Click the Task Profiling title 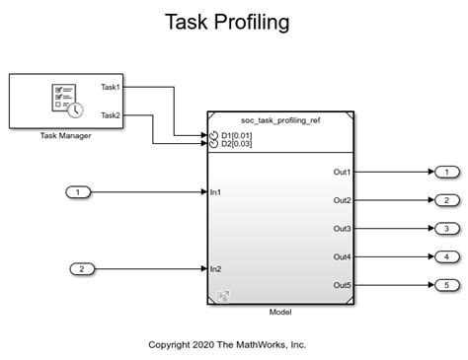click(x=234, y=22)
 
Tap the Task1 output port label click(x=111, y=87)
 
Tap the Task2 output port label click(x=111, y=115)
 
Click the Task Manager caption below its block click(x=66, y=135)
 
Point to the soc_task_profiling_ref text click(x=280, y=119)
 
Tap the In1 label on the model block click(x=215, y=191)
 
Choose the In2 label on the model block click(x=215, y=268)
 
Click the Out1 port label click(x=342, y=172)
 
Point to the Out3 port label click(x=342, y=229)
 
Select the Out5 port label click(x=342, y=286)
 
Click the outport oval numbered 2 click(x=445, y=200)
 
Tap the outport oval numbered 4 click(x=445, y=257)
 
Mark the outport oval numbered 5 click(x=445, y=286)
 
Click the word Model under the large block click(x=280, y=312)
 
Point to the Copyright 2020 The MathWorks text click(x=227, y=345)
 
